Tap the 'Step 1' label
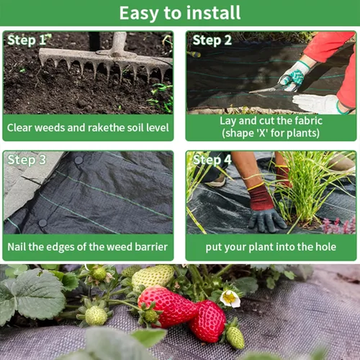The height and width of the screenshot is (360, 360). click(27, 40)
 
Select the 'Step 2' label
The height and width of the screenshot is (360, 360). click(212, 40)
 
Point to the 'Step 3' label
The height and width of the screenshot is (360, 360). click(27, 160)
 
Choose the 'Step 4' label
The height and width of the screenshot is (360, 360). click(212, 160)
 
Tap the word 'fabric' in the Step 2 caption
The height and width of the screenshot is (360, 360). click(308, 120)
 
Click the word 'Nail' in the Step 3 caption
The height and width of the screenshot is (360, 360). click(17, 247)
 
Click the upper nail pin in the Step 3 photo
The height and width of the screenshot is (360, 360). click(78, 160)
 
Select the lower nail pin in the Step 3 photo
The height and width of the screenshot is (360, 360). click(42, 223)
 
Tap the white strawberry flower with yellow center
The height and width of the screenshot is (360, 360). click(230, 298)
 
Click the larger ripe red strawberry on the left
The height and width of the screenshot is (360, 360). click(167, 306)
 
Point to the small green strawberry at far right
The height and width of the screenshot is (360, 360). click(235, 336)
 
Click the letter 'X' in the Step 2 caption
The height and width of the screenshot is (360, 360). click(262, 132)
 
